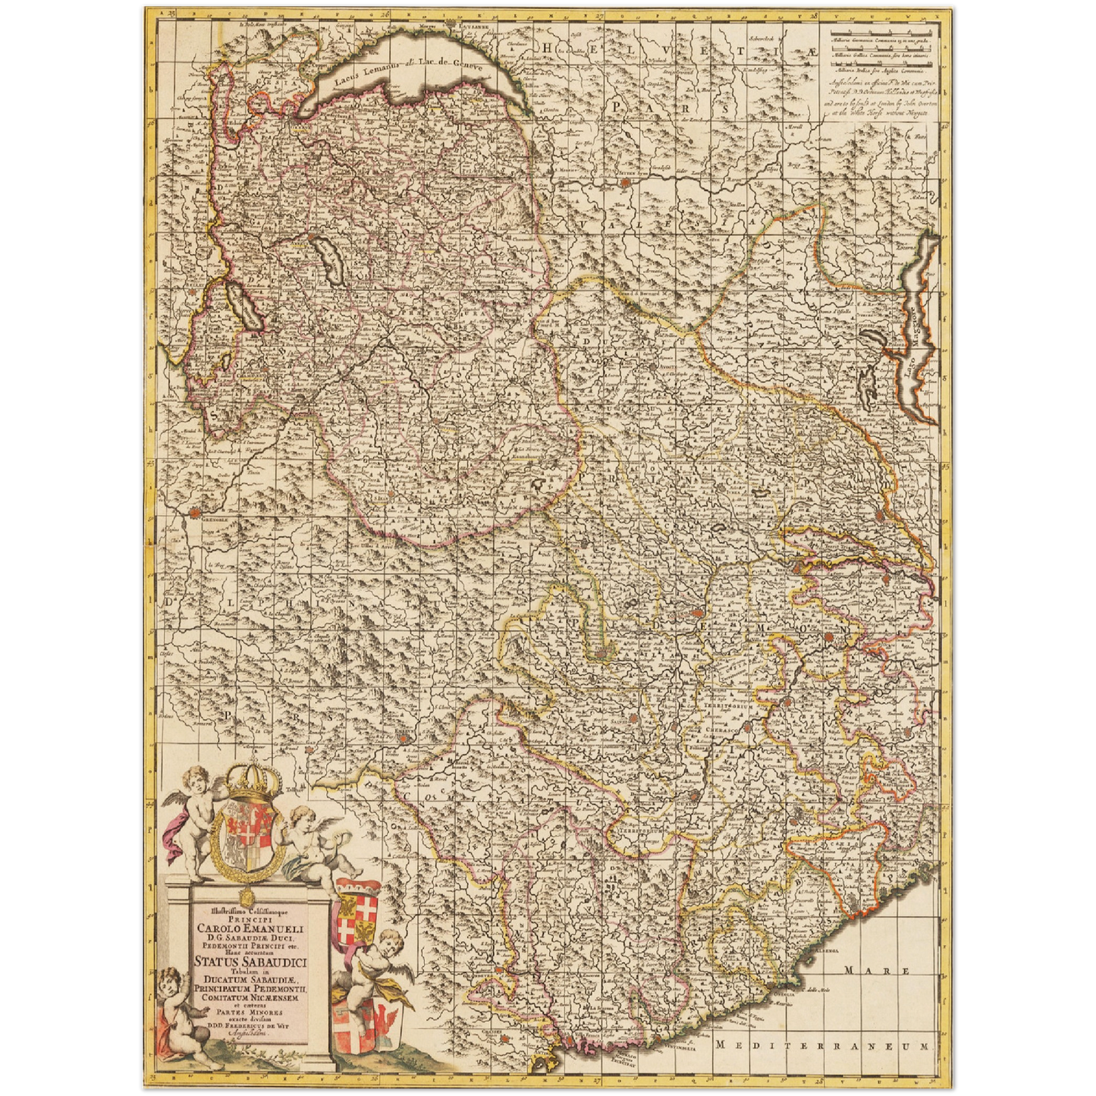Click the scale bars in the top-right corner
[x=880, y=53]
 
